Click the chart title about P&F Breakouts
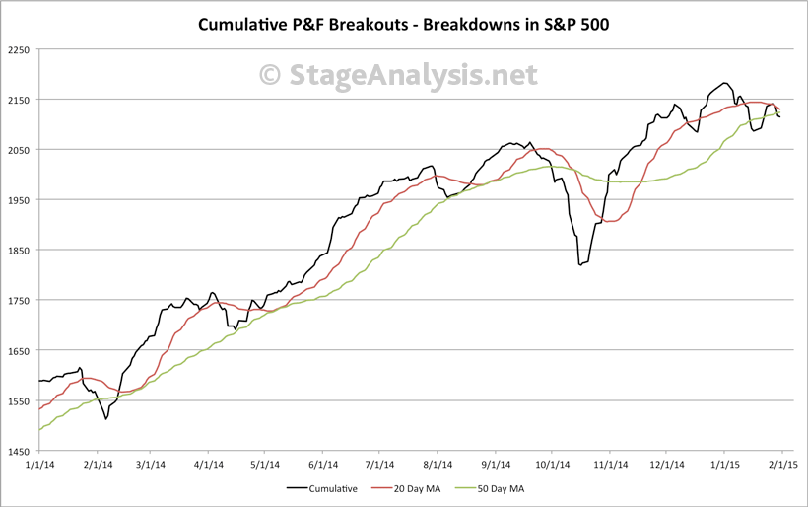[403, 23]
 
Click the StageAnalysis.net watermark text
[398, 74]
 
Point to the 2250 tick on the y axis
[18, 49]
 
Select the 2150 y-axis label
[18, 100]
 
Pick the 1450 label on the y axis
[18, 451]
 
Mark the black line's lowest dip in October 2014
[580, 265]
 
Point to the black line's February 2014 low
[105, 419]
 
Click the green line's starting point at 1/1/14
[39, 430]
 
